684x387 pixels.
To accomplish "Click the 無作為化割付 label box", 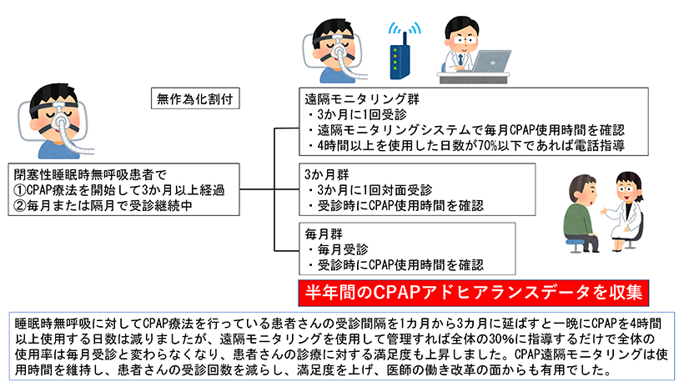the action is (x=195, y=98).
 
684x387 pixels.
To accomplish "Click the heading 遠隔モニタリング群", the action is (x=362, y=99).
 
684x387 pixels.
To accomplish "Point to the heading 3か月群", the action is (x=326, y=174).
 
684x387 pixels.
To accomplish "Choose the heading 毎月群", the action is (x=324, y=234).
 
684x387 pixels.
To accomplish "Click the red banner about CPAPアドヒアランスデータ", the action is (x=474, y=293).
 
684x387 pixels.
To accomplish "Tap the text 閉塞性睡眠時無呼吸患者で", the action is (x=90, y=174).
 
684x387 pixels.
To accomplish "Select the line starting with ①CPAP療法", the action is (x=119, y=190).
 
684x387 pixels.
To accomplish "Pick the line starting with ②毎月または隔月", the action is (x=103, y=205).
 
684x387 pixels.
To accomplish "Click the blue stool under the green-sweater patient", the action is (x=576, y=244).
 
